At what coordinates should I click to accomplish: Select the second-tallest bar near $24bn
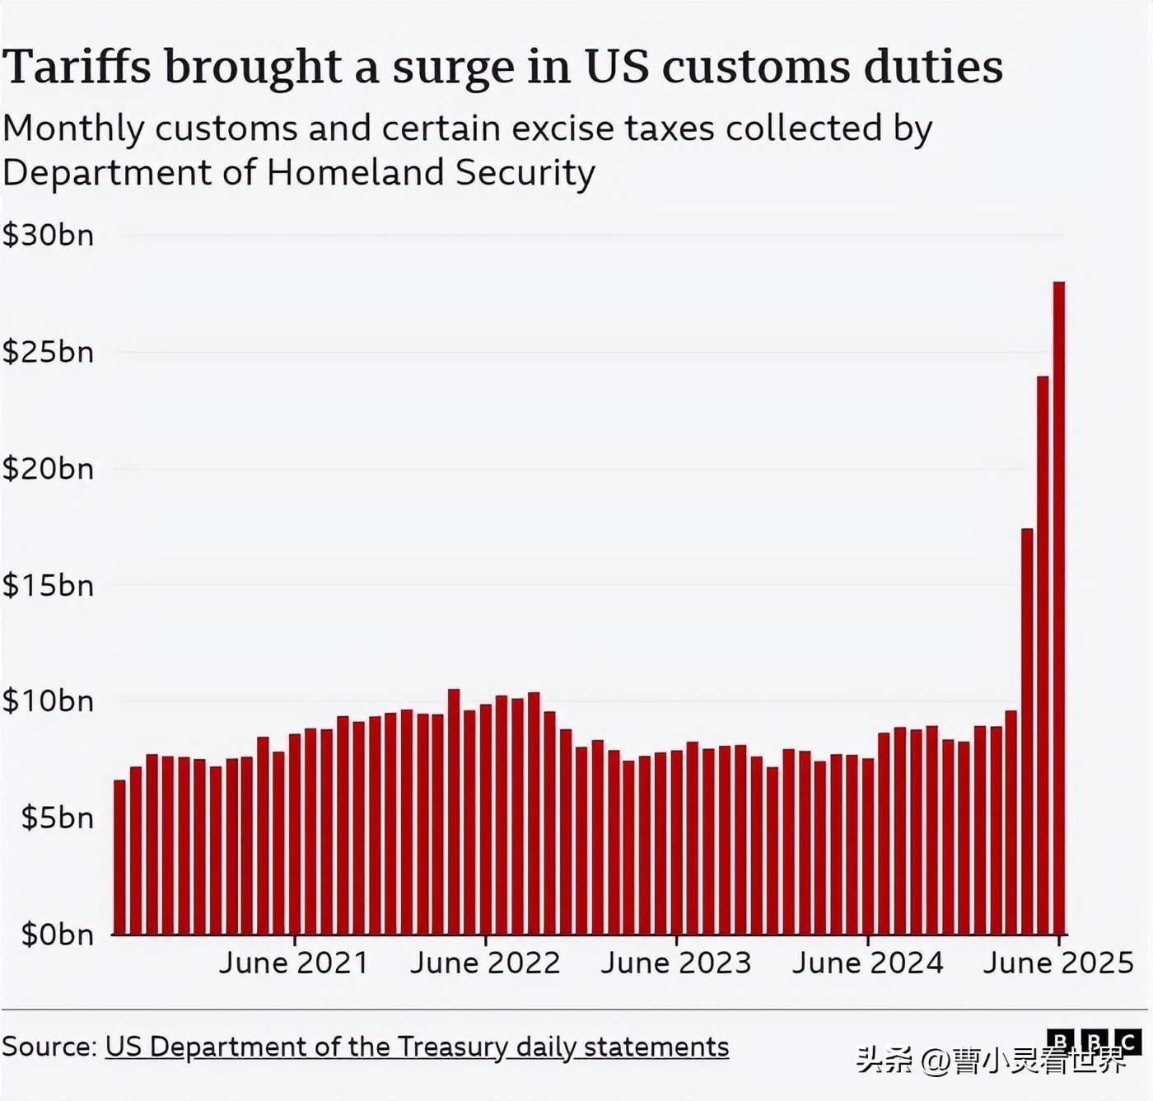tap(1043, 655)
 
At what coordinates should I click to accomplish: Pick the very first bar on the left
tap(119, 857)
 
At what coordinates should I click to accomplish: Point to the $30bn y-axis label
tap(49, 236)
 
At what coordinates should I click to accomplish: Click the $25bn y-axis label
tap(49, 352)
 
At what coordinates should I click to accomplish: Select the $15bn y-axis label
tap(49, 585)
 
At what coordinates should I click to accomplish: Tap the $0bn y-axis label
tap(57, 935)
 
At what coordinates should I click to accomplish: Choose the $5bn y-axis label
tap(57, 818)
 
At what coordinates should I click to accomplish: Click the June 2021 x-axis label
tap(294, 963)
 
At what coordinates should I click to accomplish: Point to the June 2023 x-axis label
tap(676, 963)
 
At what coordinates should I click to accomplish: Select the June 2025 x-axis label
tap(1058, 963)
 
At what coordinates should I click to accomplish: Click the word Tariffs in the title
tap(77, 67)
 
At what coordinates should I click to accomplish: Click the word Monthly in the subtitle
tap(74, 129)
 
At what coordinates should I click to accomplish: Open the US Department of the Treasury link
tap(417, 1047)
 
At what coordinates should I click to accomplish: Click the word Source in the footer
tap(48, 1047)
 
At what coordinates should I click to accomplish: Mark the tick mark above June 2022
tap(486, 940)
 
